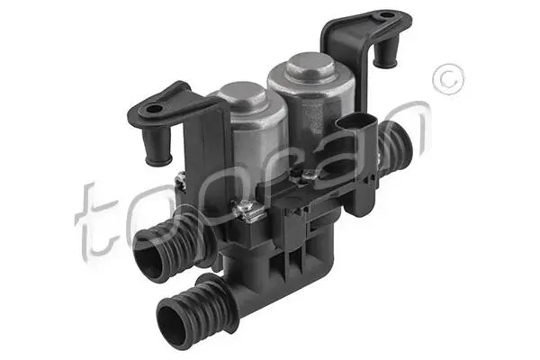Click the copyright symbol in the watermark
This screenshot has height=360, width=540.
pos(448,80)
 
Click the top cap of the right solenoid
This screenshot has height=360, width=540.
pos(310,65)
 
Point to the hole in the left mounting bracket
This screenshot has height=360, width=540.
pos(154,110)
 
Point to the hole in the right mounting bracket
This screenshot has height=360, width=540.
pos(387,15)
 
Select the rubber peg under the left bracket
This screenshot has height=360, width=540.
pos(157,147)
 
